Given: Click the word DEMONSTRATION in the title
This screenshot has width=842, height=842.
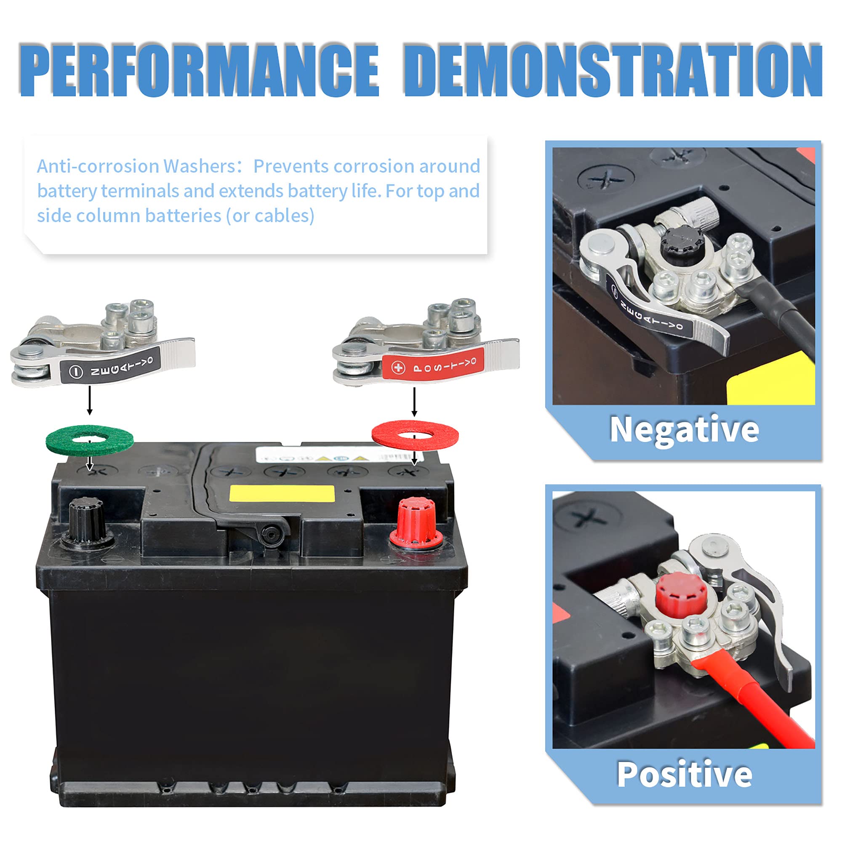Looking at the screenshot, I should pyautogui.click(x=613, y=70).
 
